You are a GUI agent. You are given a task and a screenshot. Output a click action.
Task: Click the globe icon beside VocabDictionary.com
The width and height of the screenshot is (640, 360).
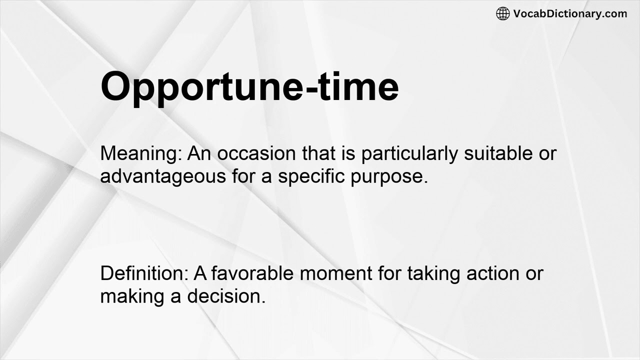point(503,13)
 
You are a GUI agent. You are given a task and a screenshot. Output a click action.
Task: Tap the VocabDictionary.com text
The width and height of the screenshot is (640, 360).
point(570,13)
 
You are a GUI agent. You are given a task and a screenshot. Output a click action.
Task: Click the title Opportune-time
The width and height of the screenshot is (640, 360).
point(249,86)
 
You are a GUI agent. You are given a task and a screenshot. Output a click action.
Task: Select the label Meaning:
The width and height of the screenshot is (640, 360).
point(141,153)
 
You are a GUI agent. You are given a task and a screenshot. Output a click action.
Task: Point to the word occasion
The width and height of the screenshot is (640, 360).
point(257,153)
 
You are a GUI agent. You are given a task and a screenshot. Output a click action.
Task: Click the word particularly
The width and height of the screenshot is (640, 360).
point(409,153)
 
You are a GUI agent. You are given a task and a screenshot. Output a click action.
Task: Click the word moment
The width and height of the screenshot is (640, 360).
point(336,273)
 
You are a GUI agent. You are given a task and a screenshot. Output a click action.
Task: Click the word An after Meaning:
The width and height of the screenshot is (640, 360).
point(199,153)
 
